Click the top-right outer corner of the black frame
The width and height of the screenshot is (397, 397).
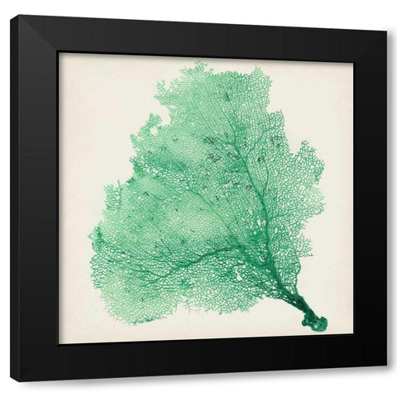tap(386, 31)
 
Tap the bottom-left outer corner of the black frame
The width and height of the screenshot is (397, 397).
tap(11, 382)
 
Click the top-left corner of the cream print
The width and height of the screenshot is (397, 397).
tap(59, 53)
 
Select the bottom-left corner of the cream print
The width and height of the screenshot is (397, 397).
tap(59, 343)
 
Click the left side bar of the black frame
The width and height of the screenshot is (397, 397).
tap(33, 198)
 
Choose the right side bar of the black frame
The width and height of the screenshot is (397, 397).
tap(370, 198)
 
